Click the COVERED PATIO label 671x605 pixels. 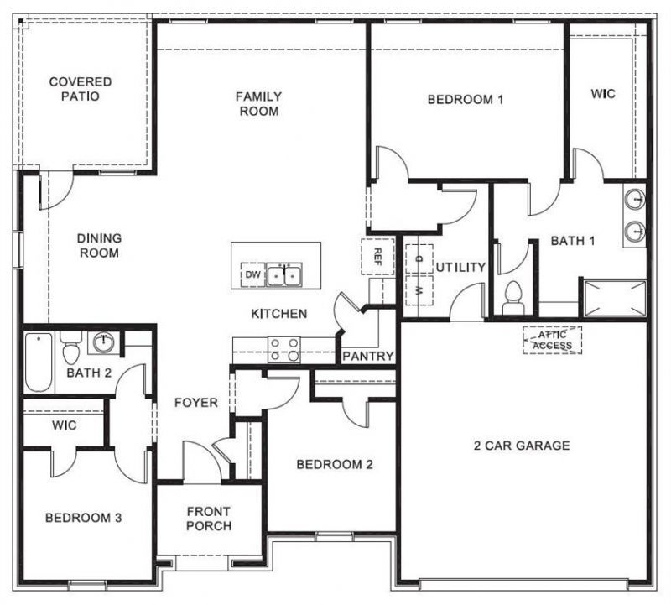[x=80, y=89]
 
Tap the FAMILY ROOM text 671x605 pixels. [x=258, y=103]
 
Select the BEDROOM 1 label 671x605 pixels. [x=465, y=100]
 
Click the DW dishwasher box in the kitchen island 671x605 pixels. [x=252, y=274]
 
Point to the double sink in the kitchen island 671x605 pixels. [x=283, y=274]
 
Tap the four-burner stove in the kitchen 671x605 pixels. [x=283, y=349]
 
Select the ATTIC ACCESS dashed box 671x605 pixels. [x=552, y=340]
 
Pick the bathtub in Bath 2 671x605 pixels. [x=39, y=362]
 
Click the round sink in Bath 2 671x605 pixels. [x=103, y=342]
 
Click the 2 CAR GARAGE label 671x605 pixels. [x=521, y=446]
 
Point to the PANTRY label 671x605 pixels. [x=368, y=357]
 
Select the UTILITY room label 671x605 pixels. [x=460, y=268]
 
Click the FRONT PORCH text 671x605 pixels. [x=209, y=519]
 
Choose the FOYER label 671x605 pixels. [x=195, y=403]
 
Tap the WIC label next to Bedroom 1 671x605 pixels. [x=603, y=93]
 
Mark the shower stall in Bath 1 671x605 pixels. [x=615, y=297]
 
